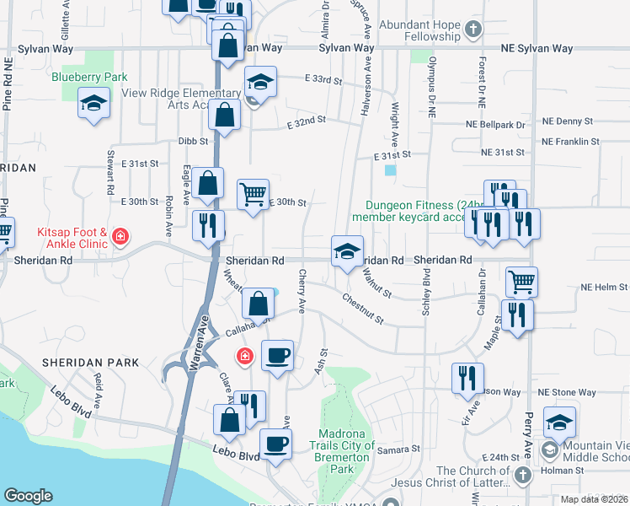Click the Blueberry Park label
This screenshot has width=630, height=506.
pyautogui.click(x=89, y=77)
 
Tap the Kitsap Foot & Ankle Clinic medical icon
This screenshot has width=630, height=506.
pyautogui.click(x=120, y=236)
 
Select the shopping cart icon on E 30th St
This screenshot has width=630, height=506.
pyautogui.click(x=253, y=194)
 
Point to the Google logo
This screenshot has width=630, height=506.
pyautogui.click(x=28, y=496)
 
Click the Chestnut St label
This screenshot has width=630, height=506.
pyautogui.click(x=362, y=310)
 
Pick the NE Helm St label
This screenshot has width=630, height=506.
pyautogui.click(x=604, y=288)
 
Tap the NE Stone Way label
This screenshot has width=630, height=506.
pyautogui.click(x=568, y=392)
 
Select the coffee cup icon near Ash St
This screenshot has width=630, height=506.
pyautogui.click(x=276, y=355)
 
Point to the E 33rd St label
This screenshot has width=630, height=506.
pyautogui.click(x=324, y=81)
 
